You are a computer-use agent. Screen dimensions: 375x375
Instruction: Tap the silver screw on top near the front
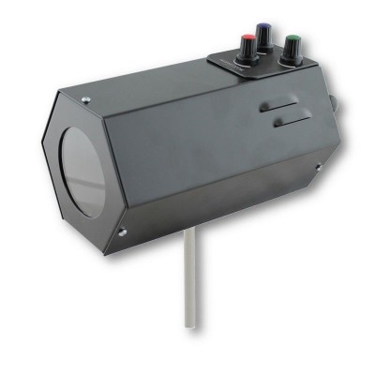[85, 99]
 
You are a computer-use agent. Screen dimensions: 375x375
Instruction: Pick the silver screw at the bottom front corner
[122, 231]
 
